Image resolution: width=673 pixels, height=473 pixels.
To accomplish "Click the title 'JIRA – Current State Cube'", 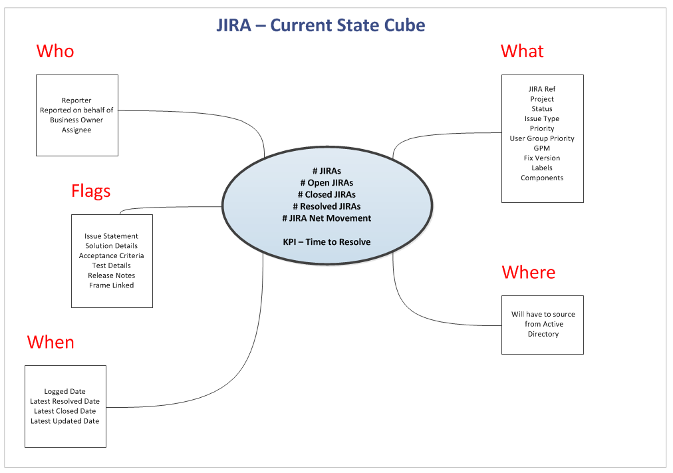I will pos(321,26).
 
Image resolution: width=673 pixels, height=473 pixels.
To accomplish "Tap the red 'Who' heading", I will pos(55,51).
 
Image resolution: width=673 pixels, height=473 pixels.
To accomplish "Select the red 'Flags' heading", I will pos(90,192).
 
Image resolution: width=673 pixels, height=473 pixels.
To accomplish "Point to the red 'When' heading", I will pos(51,342).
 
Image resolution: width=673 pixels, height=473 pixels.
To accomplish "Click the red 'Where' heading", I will pos(529,272).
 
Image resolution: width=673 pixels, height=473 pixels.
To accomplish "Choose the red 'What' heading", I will pos(522,51).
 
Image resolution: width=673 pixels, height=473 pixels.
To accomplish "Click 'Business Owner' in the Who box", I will pos(76,120).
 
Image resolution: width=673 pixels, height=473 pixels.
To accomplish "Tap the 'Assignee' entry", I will pos(76,130).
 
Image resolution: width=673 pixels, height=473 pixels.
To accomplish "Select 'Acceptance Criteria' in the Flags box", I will pos(111,255).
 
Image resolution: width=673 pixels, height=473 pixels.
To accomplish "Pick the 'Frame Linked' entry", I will pos(111,285).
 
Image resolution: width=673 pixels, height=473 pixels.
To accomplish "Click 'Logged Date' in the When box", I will pos(65,392).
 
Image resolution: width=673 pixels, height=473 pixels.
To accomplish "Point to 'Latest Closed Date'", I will pos(65,411).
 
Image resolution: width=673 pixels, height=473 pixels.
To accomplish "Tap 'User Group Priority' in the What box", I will pos(542,138).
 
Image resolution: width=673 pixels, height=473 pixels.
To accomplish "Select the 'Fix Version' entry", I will pos(542,158).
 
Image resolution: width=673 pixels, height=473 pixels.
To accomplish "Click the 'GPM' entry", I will pos(542,148).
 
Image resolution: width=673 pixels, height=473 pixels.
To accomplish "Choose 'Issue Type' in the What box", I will pos(542,118).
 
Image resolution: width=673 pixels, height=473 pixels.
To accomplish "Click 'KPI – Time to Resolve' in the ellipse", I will pos(327,242).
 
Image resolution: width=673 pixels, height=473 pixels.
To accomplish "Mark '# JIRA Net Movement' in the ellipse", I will pos(327,218).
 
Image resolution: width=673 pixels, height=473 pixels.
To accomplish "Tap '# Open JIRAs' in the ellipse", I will pos(327,183).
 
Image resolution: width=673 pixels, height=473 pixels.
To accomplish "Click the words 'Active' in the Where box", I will pos(553,324).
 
